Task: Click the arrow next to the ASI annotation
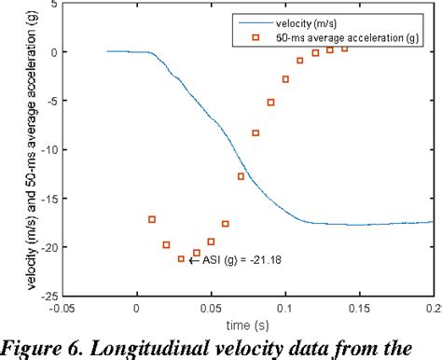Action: coord(194,260)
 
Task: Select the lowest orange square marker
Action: coord(182,258)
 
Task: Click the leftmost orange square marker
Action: coord(152,219)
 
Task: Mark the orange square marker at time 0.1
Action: coord(285,79)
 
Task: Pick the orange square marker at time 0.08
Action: coord(256,132)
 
